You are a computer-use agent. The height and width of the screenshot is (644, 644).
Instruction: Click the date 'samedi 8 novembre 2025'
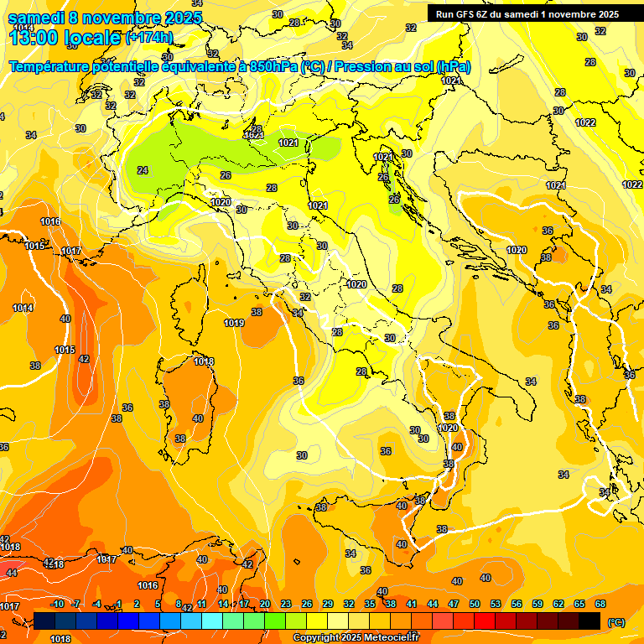[x=105, y=17]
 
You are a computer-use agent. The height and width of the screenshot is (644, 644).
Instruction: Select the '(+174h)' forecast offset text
[x=148, y=38]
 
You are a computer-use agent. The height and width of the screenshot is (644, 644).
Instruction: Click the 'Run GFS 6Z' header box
[x=527, y=14]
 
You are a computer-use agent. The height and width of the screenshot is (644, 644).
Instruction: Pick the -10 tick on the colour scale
[x=57, y=604]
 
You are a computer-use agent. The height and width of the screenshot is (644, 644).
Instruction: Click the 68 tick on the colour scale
[x=600, y=604]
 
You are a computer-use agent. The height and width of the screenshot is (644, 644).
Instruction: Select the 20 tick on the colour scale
[x=265, y=604]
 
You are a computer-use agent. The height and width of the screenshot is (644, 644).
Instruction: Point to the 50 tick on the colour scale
[x=475, y=604]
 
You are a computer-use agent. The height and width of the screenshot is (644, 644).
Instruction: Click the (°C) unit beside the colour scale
[x=616, y=622]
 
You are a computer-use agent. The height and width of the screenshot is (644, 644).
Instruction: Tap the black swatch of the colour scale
[x=589, y=621]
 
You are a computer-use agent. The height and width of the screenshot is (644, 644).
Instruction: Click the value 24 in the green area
[x=143, y=170]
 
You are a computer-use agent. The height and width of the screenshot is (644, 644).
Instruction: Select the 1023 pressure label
[x=253, y=134]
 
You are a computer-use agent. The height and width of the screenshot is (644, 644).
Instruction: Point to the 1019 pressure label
[x=234, y=323]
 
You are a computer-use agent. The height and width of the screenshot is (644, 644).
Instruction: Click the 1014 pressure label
[x=23, y=308]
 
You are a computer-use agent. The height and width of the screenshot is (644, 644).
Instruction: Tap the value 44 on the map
[x=11, y=573]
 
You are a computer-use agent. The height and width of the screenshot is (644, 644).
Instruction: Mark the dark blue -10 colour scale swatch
[x=45, y=621]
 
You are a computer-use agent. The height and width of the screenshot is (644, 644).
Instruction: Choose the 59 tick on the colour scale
[x=538, y=604]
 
